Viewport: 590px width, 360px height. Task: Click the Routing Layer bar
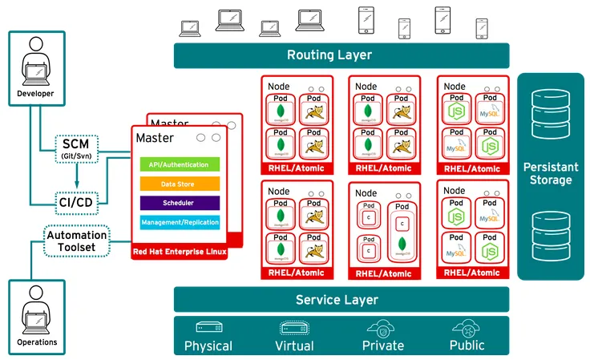coord(341,55)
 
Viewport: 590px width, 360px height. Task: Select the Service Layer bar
coord(341,300)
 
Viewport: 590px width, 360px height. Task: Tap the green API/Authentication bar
coord(179,164)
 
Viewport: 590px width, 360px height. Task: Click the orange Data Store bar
coord(179,184)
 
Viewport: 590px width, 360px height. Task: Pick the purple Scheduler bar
coord(179,203)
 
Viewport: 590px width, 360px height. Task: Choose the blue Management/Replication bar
coord(179,222)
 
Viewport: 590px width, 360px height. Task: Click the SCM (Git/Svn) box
coord(76,148)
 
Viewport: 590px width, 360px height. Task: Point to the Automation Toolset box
coord(76,241)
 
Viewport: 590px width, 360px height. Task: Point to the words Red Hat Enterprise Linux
coord(179,253)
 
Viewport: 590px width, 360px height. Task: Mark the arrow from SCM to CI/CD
coord(76,174)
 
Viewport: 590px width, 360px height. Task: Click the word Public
coord(467,346)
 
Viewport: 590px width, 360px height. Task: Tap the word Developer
coord(35,94)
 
